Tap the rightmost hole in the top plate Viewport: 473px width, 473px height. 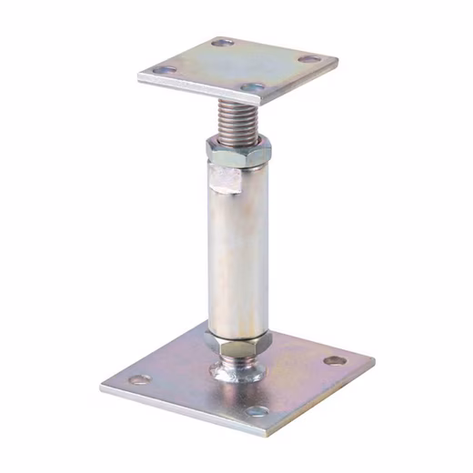(310, 59)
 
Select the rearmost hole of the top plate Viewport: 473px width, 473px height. (221, 42)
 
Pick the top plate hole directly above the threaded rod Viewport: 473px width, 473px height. (253, 88)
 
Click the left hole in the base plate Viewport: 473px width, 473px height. (139, 379)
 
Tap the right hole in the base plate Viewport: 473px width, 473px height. (335, 360)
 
